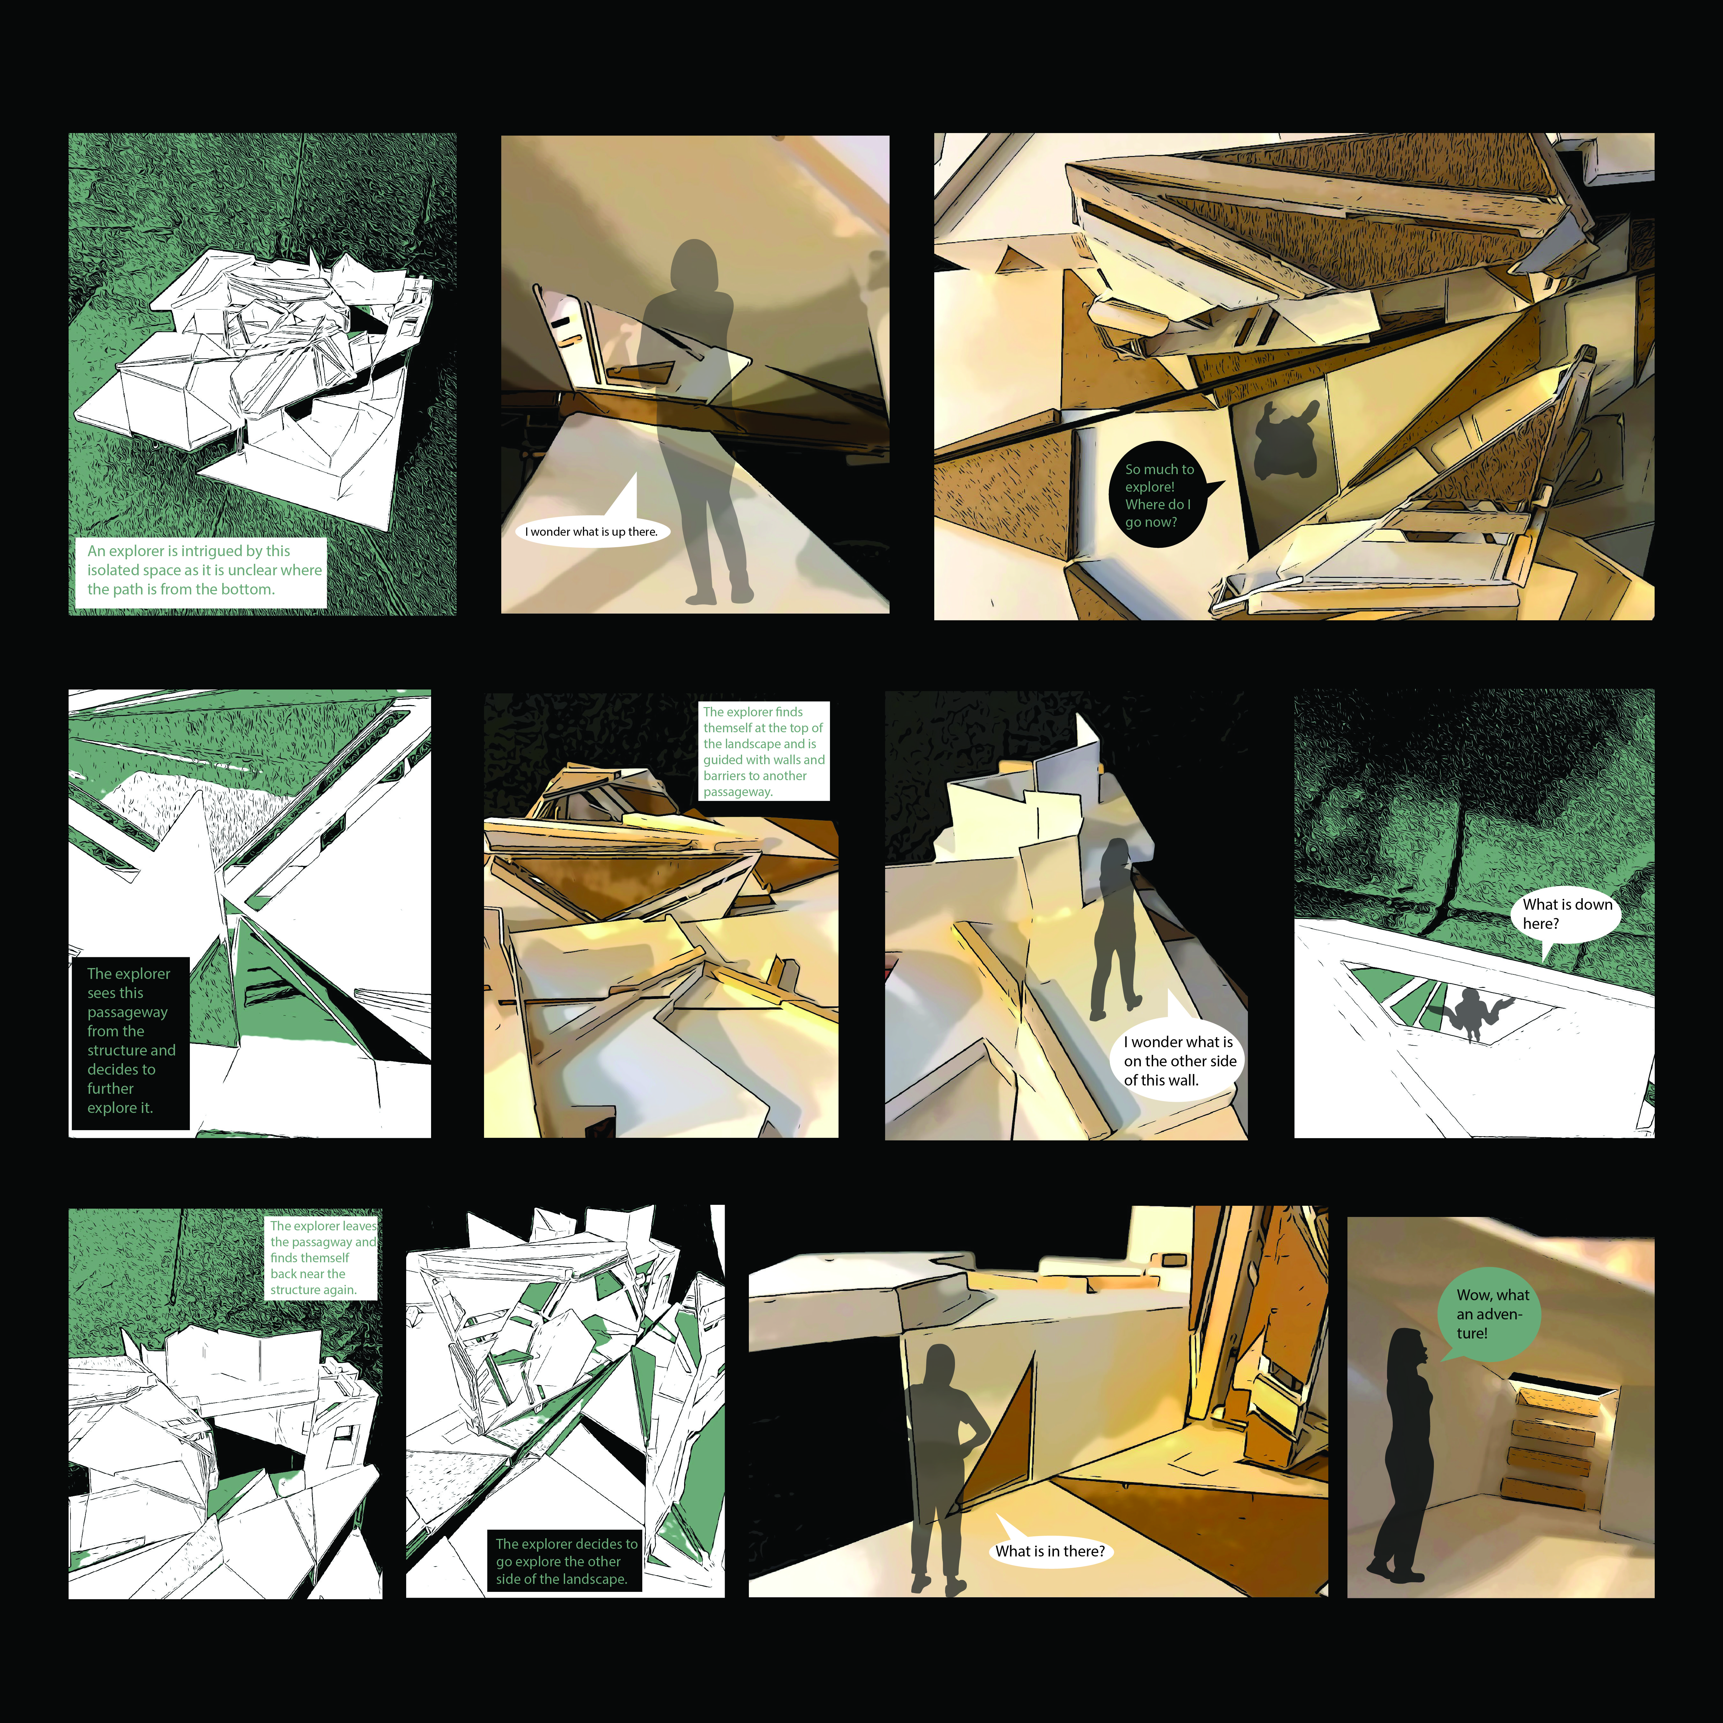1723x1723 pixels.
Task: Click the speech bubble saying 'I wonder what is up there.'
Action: tap(590, 526)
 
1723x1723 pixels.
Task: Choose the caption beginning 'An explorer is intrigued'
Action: tap(201, 571)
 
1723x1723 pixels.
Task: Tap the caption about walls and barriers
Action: tap(764, 751)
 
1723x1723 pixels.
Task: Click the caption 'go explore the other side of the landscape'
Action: tap(565, 1561)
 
